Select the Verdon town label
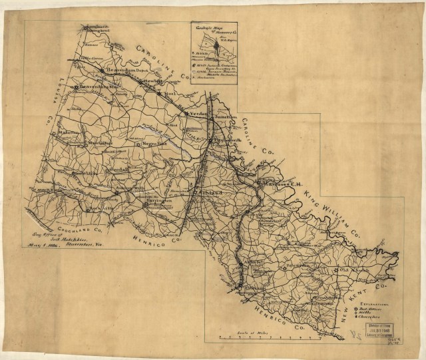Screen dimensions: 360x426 [x=198, y=114]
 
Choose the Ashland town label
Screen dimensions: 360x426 [x=206, y=191]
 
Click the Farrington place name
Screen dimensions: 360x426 [x=158, y=200]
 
